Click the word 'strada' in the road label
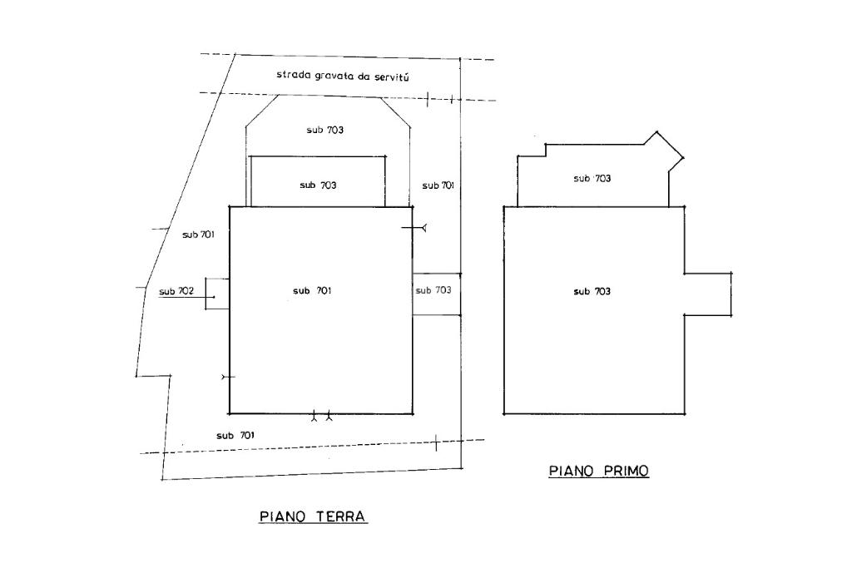tap(293, 75)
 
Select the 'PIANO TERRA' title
tap(313, 516)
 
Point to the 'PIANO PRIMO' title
tap(598, 471)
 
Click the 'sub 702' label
tap(176, 291)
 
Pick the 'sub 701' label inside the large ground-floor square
tap(313, 290)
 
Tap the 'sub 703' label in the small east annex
tap(433, 290)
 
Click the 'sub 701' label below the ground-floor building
tap(235, 435)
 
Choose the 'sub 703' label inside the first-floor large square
tap(592, 291)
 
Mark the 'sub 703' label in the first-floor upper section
tap(592, 178)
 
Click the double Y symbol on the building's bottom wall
tap(321, 415)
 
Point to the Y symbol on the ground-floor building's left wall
tap(227, 378)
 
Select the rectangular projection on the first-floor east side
tap(707, 294)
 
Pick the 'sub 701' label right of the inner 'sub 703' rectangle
tap(438, 185)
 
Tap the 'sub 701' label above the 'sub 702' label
tap(199, 235)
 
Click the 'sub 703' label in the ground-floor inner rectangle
tap(318, 185)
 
